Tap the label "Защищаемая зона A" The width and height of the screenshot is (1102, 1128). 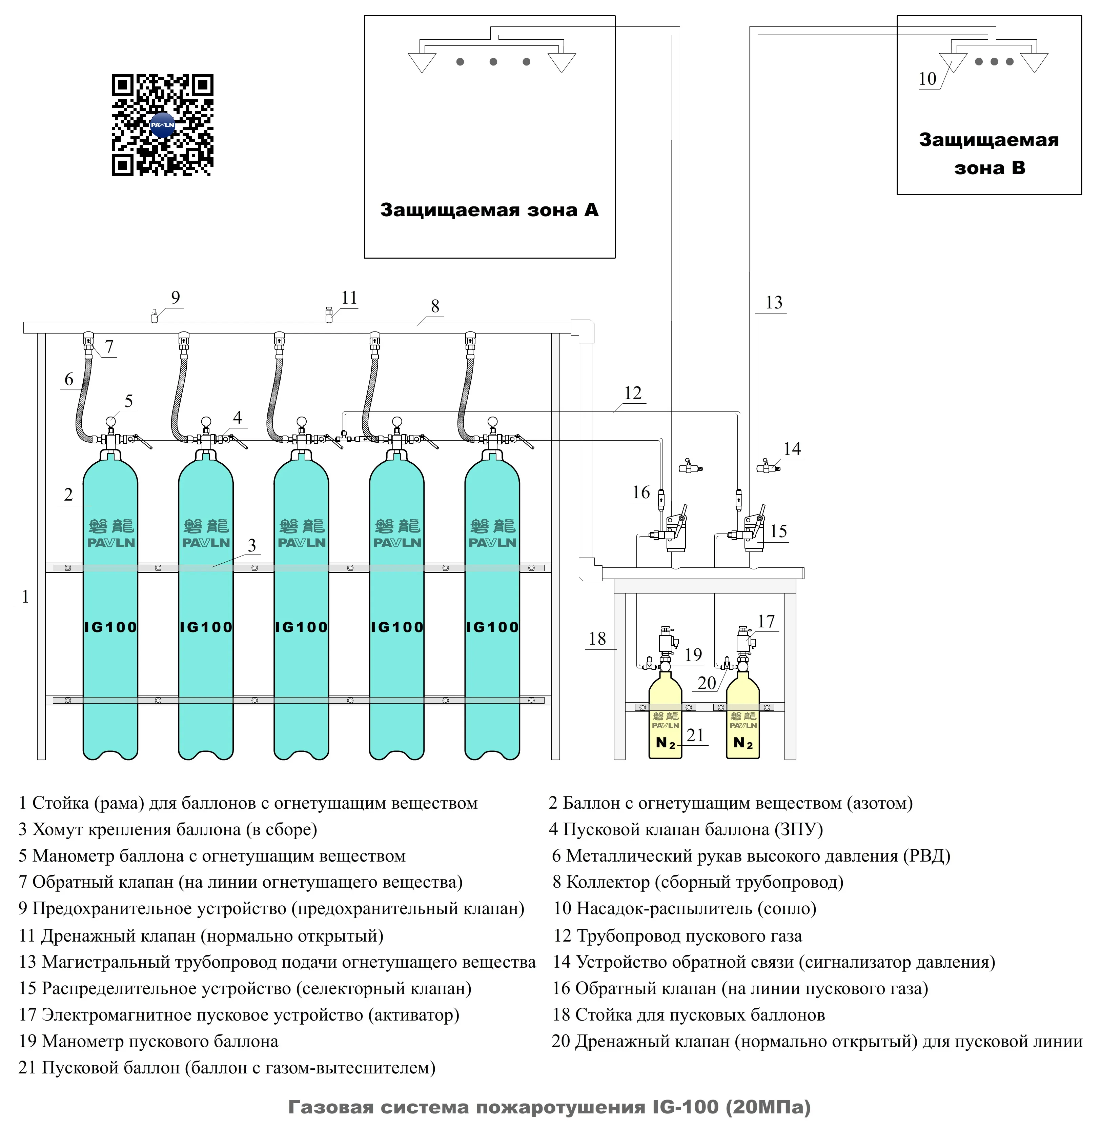(x=489, y=209)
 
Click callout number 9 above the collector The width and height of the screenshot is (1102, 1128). (x=176, y=298)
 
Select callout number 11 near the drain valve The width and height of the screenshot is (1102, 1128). (x=349, y=298)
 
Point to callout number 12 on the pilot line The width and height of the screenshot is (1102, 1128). (x=633, y=393)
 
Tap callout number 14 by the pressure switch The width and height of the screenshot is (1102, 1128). (x=792, y=448)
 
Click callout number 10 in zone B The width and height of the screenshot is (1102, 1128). (x=927, y=79)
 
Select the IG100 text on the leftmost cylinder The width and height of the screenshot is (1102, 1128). (x=110, y=627)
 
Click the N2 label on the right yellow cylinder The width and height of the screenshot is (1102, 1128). (x=743, y=743)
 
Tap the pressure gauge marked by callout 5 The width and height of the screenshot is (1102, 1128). (x=110, y=421)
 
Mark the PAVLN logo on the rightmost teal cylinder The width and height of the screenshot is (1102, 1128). (x=492, y=542)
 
